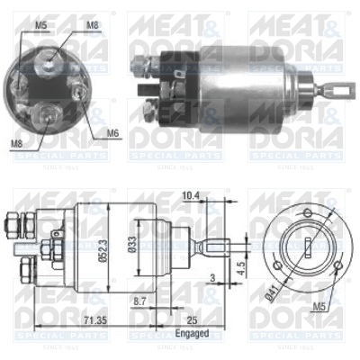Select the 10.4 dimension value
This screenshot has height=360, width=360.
click(x=190, y=194)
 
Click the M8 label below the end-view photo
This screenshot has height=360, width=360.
click(x=17, y=143)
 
